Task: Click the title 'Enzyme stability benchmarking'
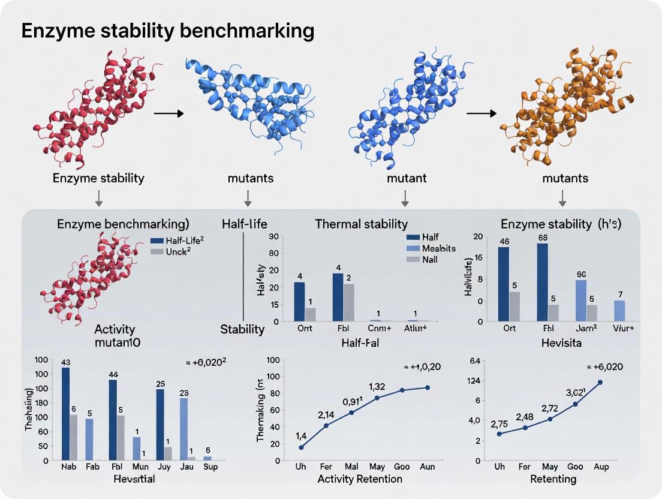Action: pyautogui.click(x=168, y=31)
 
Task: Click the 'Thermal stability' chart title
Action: pyautogui.click(x=361, y=224)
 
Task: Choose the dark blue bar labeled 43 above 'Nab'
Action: pyautogui.click(x=65, y=413)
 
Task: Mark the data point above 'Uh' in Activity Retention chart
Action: pyautogui.click(x=301, y=447)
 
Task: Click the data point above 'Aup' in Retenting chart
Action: pyautogui.click(x=600, y=382)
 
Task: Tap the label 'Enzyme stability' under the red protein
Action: pyautogui.click(x=98, y=178)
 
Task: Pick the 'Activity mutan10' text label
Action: pyautogui.click(x=115, y=336)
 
